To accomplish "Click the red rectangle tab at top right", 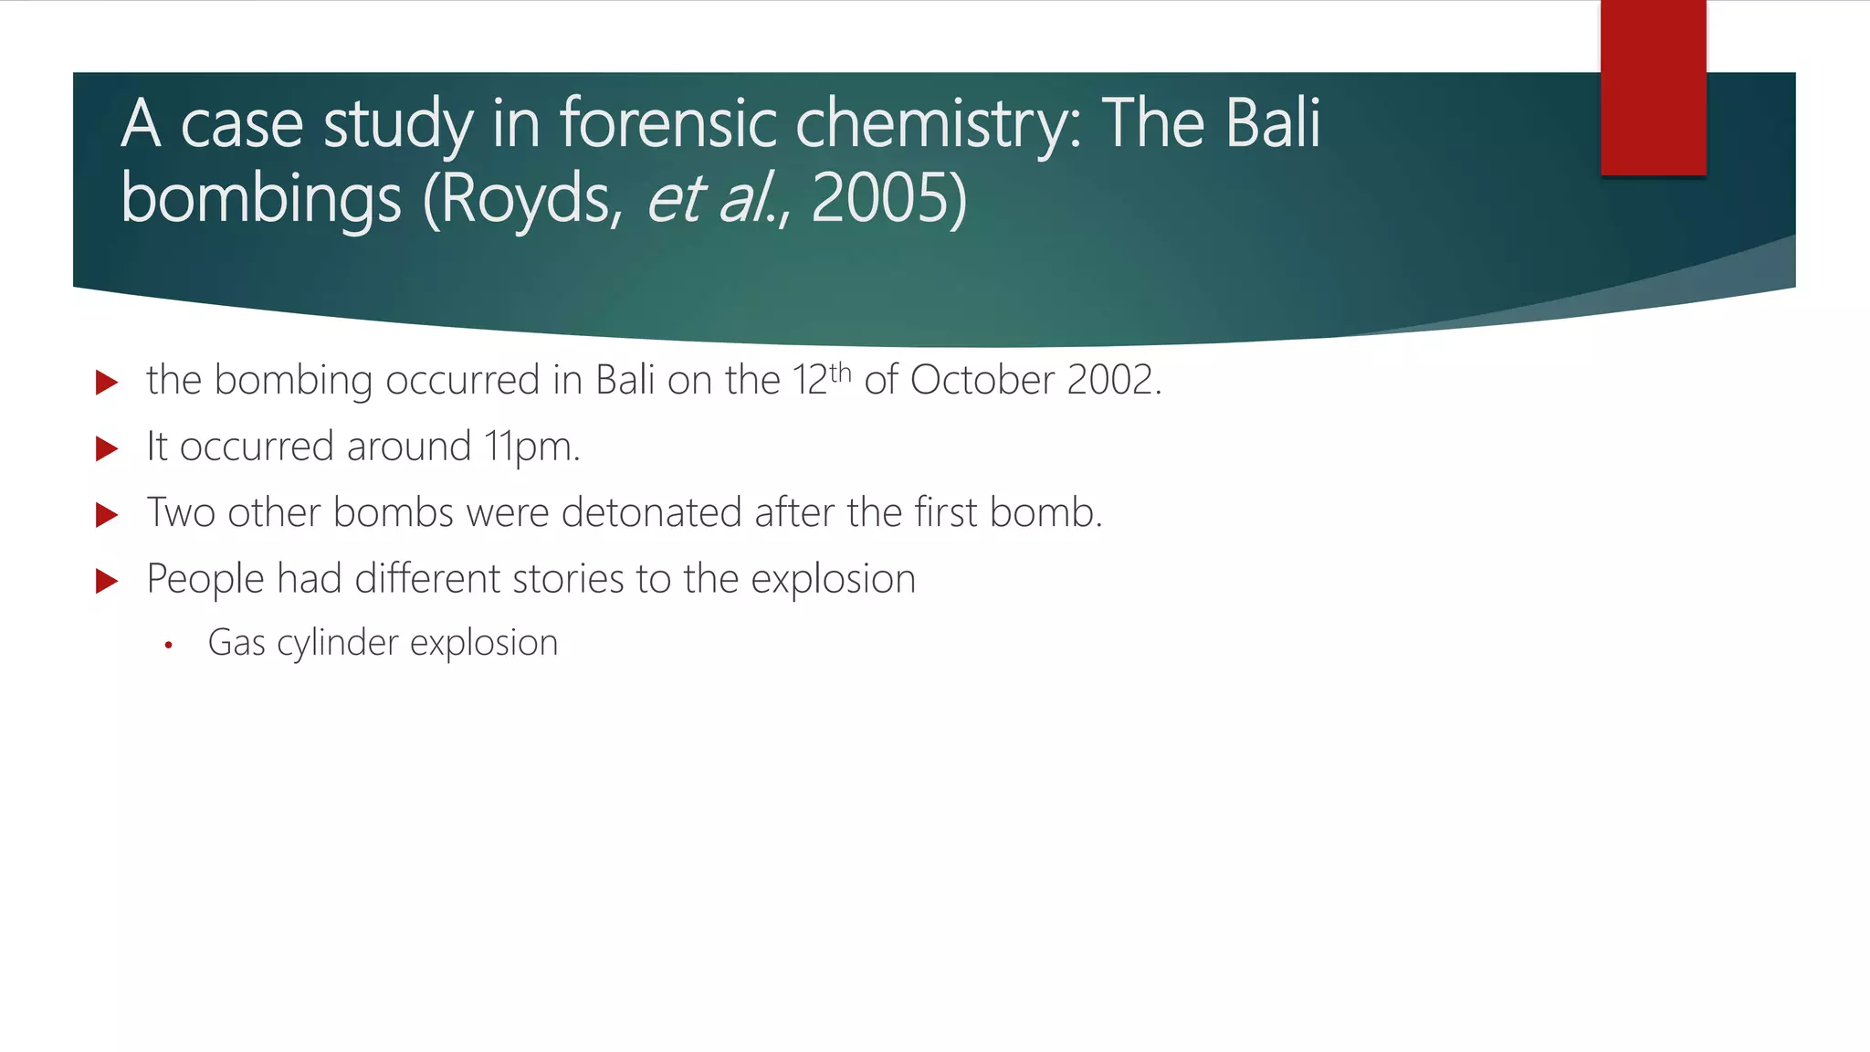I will pos(1653,88).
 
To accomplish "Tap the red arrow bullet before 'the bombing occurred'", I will pos(107,382).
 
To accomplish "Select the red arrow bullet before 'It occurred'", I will pos(107,448).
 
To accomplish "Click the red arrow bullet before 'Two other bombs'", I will pos(107,514).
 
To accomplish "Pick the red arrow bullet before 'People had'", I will pos(107,581).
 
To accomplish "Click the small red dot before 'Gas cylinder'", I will pos(168,646).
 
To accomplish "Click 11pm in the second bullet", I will pos(531,447).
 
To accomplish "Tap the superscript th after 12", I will pos(840,373).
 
